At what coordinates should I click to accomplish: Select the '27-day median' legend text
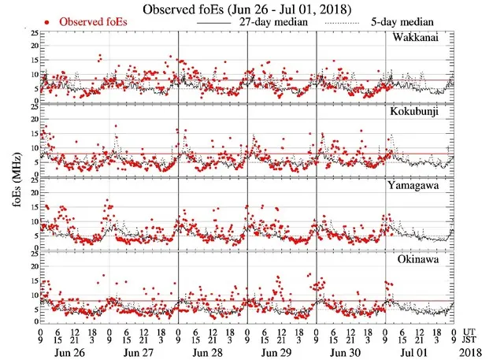click(275, 23)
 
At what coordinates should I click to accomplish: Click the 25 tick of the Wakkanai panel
click(32, 34)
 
